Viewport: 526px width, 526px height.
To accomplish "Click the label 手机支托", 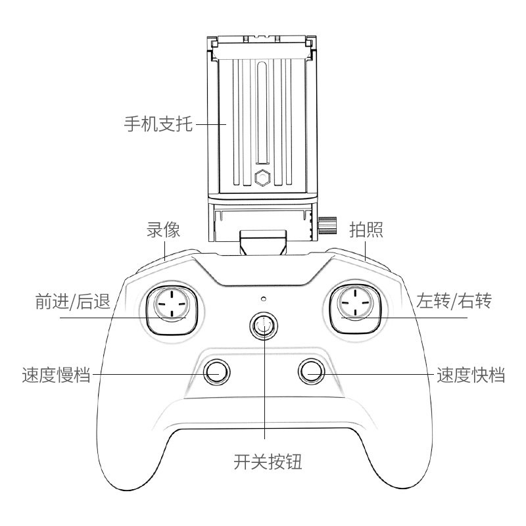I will [158, 123].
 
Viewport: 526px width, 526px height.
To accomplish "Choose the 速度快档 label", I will [471, 376].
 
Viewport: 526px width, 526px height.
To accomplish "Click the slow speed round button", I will [216, 372].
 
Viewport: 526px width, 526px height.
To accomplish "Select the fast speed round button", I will [312, 372].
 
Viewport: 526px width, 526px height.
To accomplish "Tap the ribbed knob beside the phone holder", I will [325, 226].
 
